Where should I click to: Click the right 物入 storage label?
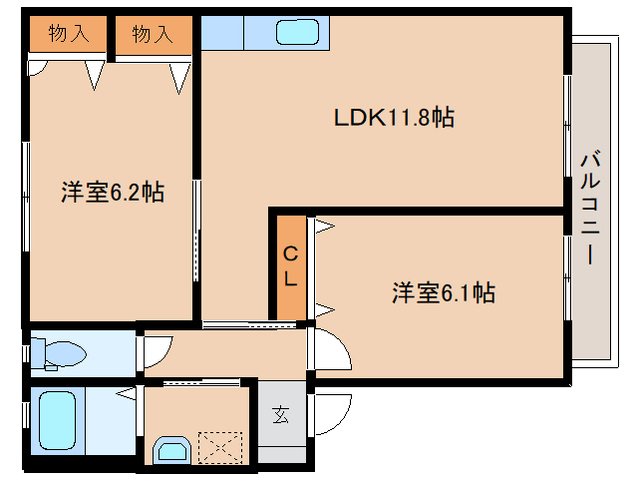pos(152,34)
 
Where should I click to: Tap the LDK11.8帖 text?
pos(394,118)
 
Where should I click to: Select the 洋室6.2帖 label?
pos(112,193)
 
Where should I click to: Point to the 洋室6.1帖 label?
pos(444,293)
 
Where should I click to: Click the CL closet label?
pos(289,266)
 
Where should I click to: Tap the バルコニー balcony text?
pos(589,206)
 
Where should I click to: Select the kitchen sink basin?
pos(298,32)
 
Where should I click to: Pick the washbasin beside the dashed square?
pos(170,450)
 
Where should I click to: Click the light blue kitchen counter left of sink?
pos(221,34)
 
